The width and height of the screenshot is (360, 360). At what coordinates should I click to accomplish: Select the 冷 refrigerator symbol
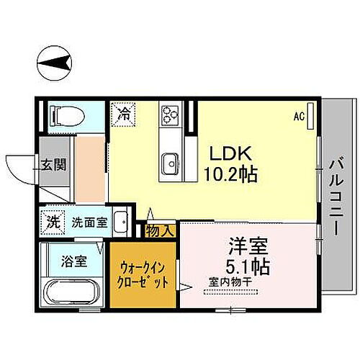[x=124, y=114]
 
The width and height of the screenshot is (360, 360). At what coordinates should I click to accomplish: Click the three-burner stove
[x=170, y=114]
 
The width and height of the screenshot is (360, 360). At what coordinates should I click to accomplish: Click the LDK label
[x=229, y=154]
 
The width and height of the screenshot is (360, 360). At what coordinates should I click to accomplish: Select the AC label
[x=299, y=115]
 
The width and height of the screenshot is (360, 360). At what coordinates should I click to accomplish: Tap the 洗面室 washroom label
[x=89, y=222]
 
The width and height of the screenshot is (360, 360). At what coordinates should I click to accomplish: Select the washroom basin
[x=122, y=221]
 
